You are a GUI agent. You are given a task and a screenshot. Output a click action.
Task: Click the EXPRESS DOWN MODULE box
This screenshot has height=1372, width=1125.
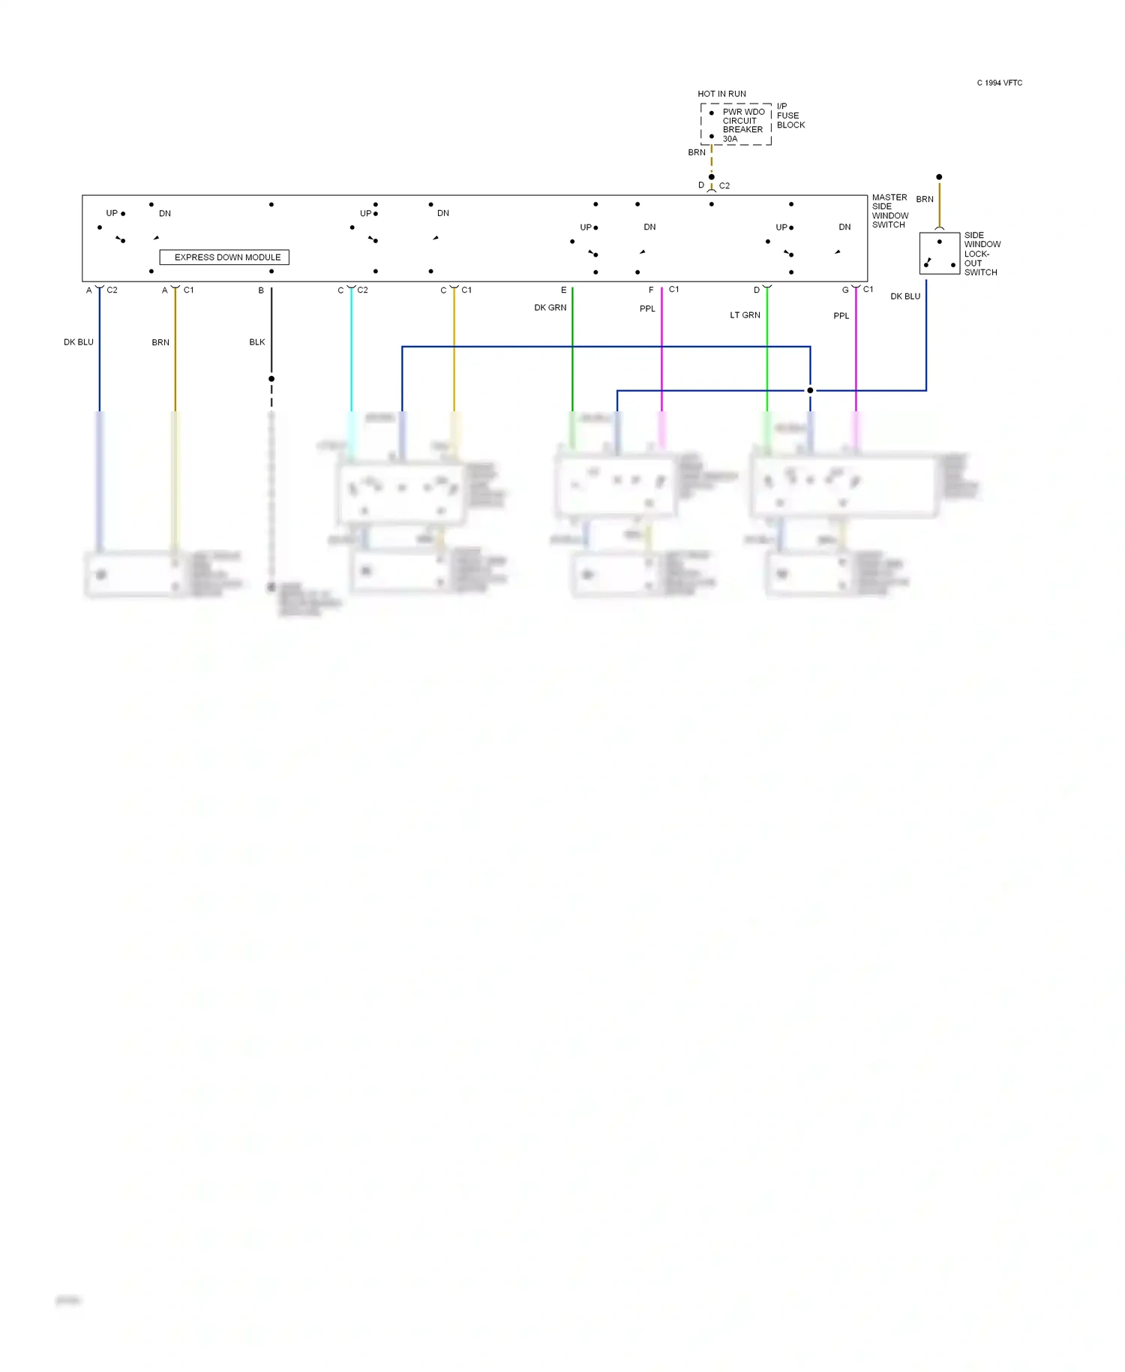point(224,257)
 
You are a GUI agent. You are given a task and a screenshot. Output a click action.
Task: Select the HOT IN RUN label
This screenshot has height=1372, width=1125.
point(721,95)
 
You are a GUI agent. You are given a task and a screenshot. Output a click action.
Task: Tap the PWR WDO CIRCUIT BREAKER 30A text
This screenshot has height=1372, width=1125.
point(742,125)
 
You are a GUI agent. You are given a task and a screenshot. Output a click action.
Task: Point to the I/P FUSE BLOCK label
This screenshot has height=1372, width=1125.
point(790,116)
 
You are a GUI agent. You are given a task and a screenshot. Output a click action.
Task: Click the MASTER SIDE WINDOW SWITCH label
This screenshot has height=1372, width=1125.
point(889,211)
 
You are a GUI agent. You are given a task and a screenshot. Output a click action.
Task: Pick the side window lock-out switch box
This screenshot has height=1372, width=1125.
point(939,254)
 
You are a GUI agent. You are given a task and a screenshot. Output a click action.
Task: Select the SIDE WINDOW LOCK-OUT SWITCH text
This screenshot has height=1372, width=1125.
point(982,254)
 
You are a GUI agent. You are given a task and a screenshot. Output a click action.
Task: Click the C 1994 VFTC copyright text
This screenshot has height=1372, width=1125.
point(999,83)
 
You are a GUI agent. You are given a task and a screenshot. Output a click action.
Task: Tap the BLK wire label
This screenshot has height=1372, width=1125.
point(257,342)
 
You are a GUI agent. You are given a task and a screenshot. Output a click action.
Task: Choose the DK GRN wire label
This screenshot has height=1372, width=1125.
point(550,308)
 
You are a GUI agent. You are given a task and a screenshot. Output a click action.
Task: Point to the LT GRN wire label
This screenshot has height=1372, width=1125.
point(745,315)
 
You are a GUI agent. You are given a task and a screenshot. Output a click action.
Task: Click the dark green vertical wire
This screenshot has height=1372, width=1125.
point(572,353)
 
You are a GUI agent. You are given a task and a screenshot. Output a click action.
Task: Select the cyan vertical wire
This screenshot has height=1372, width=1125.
point(351,353)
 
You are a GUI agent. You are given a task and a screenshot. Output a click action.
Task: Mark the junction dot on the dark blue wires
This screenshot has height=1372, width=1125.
point(810,390)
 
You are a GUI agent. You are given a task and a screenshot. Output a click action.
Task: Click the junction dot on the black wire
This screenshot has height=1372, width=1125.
point(271,379)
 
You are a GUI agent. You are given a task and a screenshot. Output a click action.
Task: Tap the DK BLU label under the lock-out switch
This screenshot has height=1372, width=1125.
point(904,296)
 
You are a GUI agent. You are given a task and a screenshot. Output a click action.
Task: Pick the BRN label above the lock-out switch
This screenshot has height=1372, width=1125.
point(924,200)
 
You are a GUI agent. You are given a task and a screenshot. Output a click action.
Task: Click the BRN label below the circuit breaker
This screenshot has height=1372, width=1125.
point(697,152)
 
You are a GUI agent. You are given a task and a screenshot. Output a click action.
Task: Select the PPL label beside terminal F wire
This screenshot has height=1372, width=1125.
point(647,308)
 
